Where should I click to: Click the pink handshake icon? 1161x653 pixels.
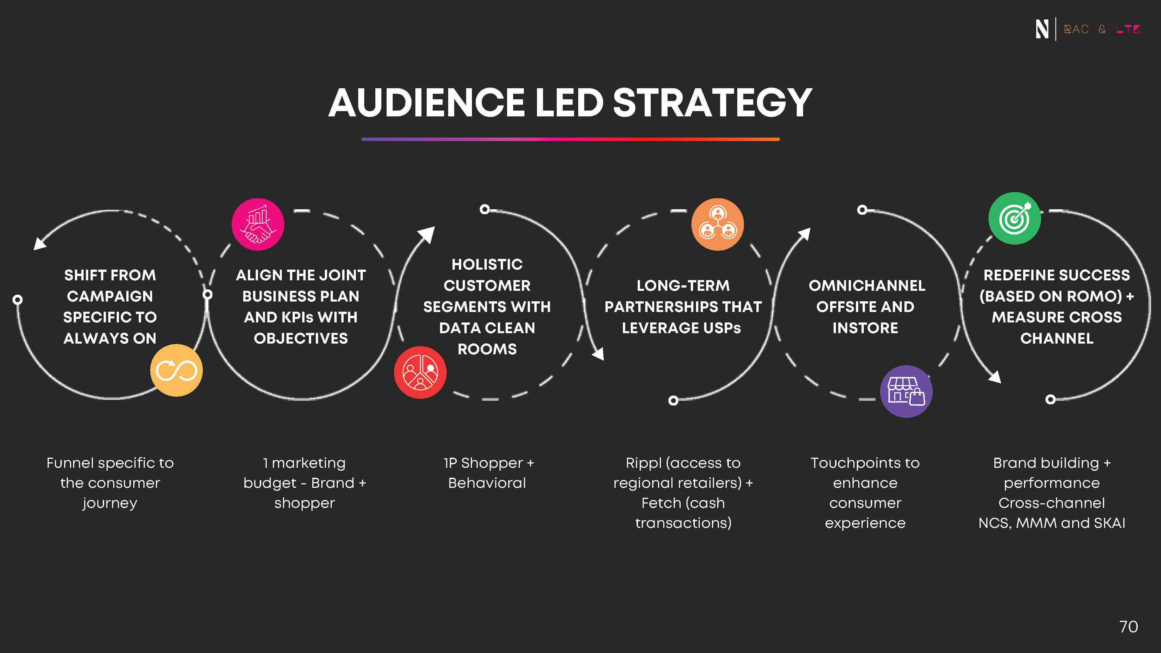[258, 224]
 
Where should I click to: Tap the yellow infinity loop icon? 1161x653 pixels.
[176, 370]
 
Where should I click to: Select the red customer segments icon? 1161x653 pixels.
[420, 372]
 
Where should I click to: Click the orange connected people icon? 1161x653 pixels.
[717, 224]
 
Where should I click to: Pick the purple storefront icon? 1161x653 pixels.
[906, 391]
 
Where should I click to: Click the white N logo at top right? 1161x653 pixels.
[1042, 29]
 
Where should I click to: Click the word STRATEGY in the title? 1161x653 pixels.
[713, 103]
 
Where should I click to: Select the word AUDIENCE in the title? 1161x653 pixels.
[426, 103]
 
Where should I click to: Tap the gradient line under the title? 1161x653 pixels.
[570, 139]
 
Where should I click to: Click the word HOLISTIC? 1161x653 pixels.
[487, 265]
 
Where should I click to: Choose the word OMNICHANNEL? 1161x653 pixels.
[867, 286]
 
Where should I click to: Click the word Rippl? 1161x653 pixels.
[643, 463]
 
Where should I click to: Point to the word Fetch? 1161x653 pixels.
[661, 503]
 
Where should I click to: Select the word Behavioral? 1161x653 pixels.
[487, 483]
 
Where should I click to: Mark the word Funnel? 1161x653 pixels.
[70, 463]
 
